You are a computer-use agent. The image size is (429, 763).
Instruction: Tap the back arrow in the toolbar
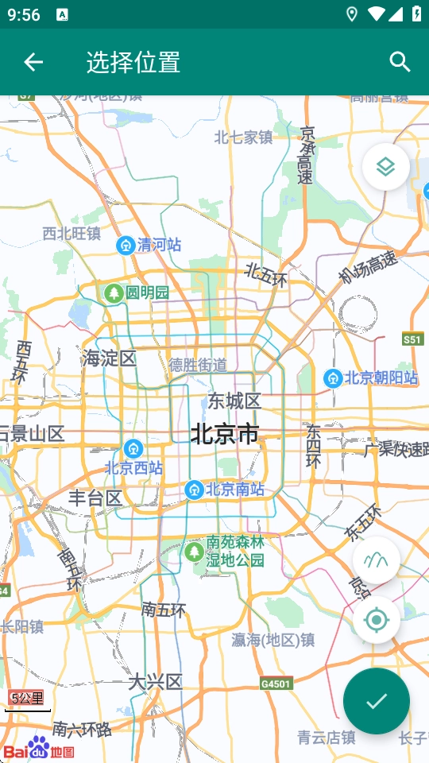tap(33, 62)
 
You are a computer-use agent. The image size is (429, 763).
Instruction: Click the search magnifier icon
tap(400, 62)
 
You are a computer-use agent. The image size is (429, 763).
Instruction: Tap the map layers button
tap(386, 167)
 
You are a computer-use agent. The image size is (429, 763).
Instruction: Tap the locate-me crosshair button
tap(377, 620)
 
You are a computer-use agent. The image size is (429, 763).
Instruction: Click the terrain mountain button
tap(377, 560)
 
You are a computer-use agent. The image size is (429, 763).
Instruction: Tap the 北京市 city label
tap(225, 434)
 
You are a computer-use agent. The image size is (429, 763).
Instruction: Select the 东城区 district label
tap(234, 400)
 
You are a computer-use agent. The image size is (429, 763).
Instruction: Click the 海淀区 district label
tap(109, 358)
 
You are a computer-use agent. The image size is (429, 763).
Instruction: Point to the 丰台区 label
tap(95, 498)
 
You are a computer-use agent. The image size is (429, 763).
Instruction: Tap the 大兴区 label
tap(156, 682)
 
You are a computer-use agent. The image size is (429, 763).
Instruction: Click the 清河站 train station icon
tap(125, 245)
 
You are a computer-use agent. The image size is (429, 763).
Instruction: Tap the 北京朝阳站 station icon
tap(333, 378)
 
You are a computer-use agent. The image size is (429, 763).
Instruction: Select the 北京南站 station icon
tap(193, 490)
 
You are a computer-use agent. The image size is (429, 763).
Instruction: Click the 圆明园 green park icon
tap(114, 293)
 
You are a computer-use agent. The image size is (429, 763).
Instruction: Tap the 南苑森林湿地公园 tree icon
tap(193, 551)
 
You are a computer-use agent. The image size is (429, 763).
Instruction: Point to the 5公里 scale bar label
tap(27, 699)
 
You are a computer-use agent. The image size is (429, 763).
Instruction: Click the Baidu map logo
tap(39, 749)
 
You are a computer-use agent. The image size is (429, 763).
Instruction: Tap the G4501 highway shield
tap(276, 684)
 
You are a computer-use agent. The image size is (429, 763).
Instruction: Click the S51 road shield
tap(412, 339)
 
